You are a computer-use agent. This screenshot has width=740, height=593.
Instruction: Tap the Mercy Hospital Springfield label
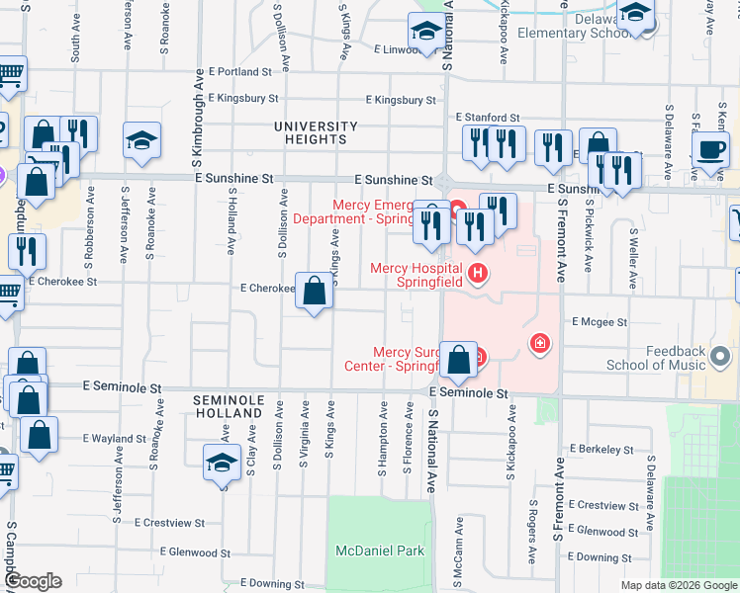pos(416,275)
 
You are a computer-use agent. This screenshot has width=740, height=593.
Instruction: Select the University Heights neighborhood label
pos(316,133)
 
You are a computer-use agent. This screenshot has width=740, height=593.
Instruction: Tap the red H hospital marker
pos(479,273)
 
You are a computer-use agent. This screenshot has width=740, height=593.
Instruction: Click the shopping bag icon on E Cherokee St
pos(314,293)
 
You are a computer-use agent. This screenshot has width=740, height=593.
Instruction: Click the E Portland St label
pos(240,72)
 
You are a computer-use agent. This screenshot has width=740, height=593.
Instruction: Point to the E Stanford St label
pos(488,118)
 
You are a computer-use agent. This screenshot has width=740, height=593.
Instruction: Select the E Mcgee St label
pos(600,322)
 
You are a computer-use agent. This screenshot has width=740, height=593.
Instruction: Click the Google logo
pos(32,582)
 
